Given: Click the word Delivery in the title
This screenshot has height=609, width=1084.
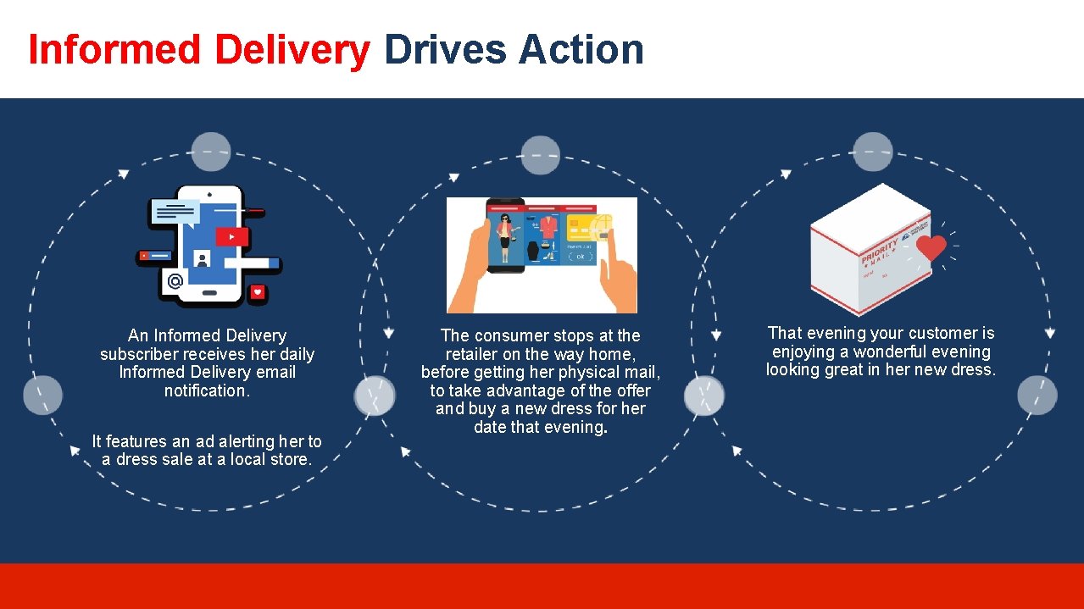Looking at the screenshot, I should click(293, 50).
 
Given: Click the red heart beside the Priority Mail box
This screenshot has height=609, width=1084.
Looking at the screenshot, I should click(931, 247).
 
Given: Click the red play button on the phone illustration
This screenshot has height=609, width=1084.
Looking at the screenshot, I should click(231, 237).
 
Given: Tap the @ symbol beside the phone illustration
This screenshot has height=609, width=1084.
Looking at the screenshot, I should click(175, 281).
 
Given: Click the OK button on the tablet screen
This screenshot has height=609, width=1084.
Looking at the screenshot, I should click(580, 256).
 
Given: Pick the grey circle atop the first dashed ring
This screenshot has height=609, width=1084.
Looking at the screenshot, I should click(211, 152).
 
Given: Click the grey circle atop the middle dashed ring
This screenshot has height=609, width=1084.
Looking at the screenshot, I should click(541, 156).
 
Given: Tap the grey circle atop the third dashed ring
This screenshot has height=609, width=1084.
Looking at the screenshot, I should click(873, 152).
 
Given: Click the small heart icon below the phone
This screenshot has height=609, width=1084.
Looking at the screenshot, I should click(258, 292).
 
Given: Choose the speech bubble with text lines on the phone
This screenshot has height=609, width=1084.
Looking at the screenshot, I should click(175, 212).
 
